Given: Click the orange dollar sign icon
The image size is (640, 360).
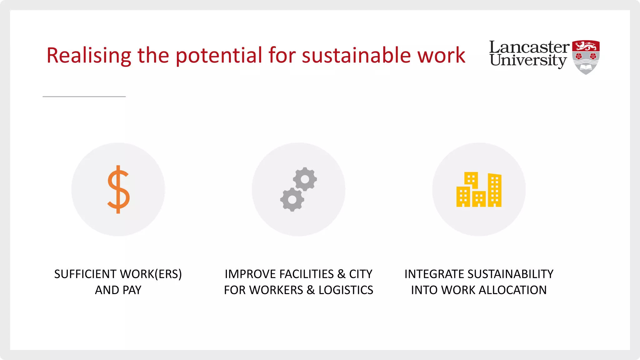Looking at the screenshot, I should click(118, 189).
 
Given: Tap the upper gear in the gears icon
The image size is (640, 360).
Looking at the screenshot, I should click(305, 179).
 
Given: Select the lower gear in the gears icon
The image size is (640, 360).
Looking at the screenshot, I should click(292, 199).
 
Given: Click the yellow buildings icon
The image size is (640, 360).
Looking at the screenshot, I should click(479, 189).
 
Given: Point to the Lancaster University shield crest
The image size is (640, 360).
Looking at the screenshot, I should click(586, 57).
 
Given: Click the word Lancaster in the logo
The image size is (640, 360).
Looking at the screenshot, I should click(529, 47).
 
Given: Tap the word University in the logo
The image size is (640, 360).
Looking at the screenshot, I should click(528, 60).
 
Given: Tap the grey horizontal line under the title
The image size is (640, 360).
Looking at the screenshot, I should click(84, 97).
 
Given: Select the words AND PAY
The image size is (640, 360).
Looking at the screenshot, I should click(118, 290).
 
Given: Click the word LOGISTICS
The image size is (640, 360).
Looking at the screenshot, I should click(346, 290).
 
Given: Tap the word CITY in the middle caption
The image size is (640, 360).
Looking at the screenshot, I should click(361, 274).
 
